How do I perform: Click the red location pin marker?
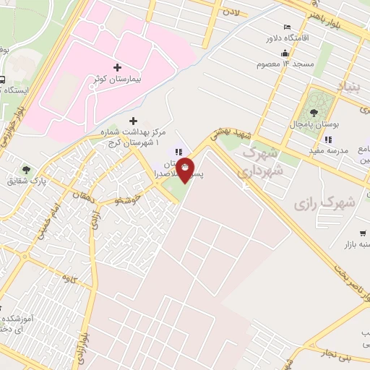(x=185, y=169)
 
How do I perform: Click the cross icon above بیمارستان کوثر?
(x=118, y=66)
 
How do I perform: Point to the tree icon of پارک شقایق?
(x=26, y=168)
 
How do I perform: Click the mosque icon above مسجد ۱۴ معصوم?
(x=285, y=53)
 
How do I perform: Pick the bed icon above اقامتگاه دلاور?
(x=287, y=27)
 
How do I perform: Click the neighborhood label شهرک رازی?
(x=325, y=205)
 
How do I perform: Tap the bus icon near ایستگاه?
(x=4, y=80)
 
